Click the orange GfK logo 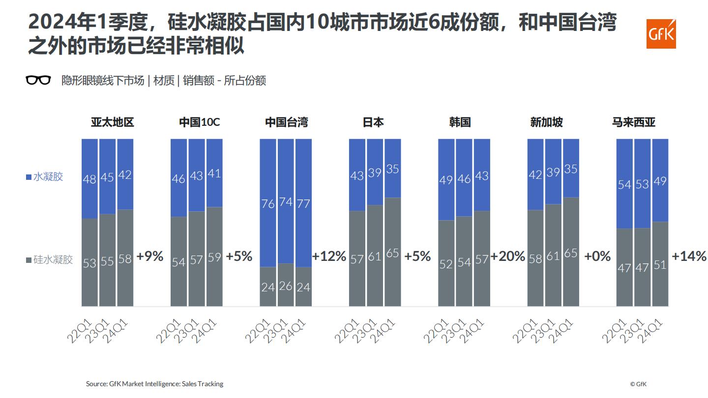[661, 34]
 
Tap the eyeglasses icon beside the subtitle [38, 80]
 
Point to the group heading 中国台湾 [286, 122]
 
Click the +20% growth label [507, 256]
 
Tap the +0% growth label [597, 256]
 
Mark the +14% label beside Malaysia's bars [689, 256]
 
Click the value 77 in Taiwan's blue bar [303, 203]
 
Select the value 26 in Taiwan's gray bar [286, 285]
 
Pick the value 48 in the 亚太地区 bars [89, 179]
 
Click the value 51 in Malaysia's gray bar [660, 265]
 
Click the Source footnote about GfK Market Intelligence [154, 384]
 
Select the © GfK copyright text [638, 384]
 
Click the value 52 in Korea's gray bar [446, 264]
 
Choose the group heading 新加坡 [546, 122]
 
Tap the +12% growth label [329, 256]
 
